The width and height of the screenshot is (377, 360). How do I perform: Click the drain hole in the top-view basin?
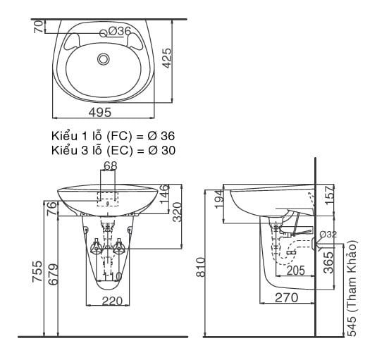click(x=103, y=58)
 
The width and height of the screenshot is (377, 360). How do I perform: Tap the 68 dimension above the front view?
click(x=110, y=166)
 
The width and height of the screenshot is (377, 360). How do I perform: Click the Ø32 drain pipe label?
click(x=328, y=234)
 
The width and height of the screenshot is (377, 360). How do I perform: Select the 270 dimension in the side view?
click(x=285, y=298)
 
